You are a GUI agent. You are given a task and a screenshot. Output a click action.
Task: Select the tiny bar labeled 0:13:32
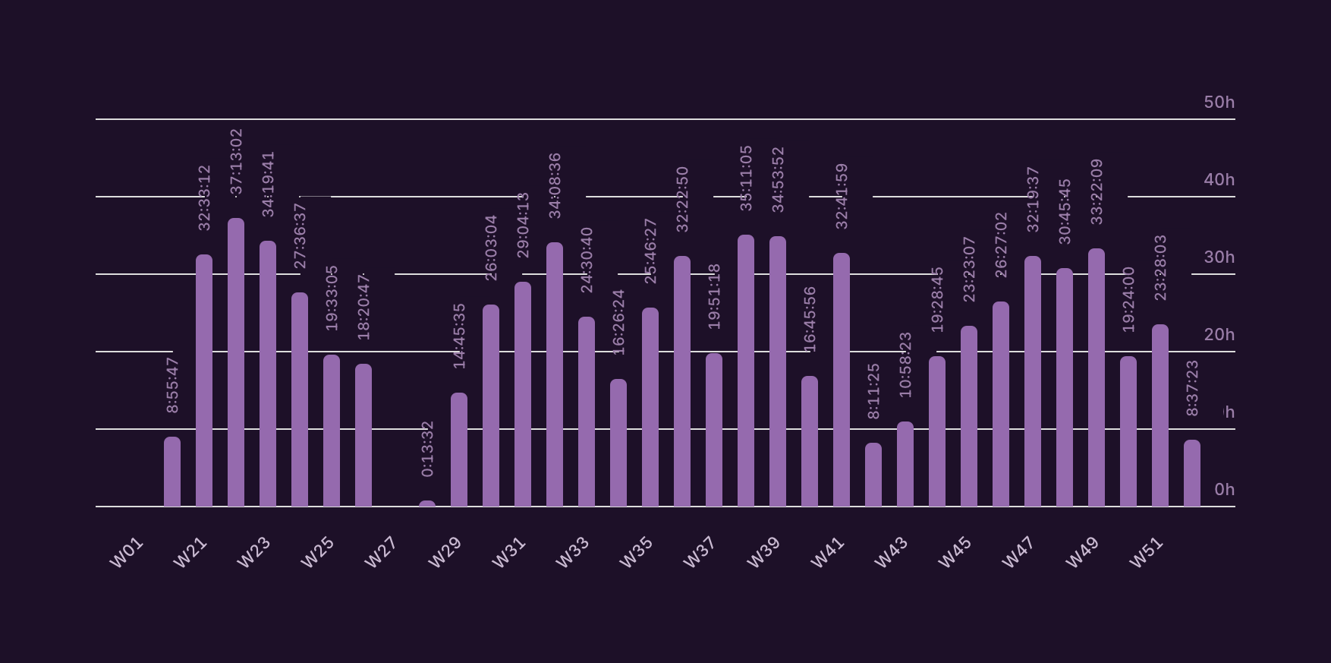pos(427,504)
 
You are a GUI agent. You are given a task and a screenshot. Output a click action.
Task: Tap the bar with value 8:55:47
pos(172,472)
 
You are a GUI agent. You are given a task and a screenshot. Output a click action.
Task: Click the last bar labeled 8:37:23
pos(1192,473)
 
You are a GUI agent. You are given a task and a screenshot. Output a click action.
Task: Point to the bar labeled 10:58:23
pos(905,464)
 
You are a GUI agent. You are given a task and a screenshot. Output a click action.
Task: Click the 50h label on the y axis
pos(1219,103)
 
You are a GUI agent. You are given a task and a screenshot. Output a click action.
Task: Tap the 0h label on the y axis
pos(1224,490)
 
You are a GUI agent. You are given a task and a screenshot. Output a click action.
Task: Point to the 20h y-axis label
pos(1219,335)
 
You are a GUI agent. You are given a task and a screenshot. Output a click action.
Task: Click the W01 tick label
pos(127,553)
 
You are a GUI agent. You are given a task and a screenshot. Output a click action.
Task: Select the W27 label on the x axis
pos(381,553)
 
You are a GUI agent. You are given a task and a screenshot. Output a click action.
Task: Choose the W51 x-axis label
pos(1146,553)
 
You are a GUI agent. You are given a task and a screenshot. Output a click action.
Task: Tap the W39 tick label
pos(763,553)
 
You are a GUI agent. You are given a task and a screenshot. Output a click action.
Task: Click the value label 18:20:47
pos(363,307)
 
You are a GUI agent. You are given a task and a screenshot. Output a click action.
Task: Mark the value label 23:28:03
pos(1160,267)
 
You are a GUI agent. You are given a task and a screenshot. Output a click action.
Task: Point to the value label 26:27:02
pos(1001,245)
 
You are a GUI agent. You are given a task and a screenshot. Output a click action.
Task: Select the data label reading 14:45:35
pos(459,336)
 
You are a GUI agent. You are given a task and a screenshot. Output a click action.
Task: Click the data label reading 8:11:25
pos(873,390)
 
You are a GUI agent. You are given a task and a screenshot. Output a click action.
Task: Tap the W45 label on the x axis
pos(955,553)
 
